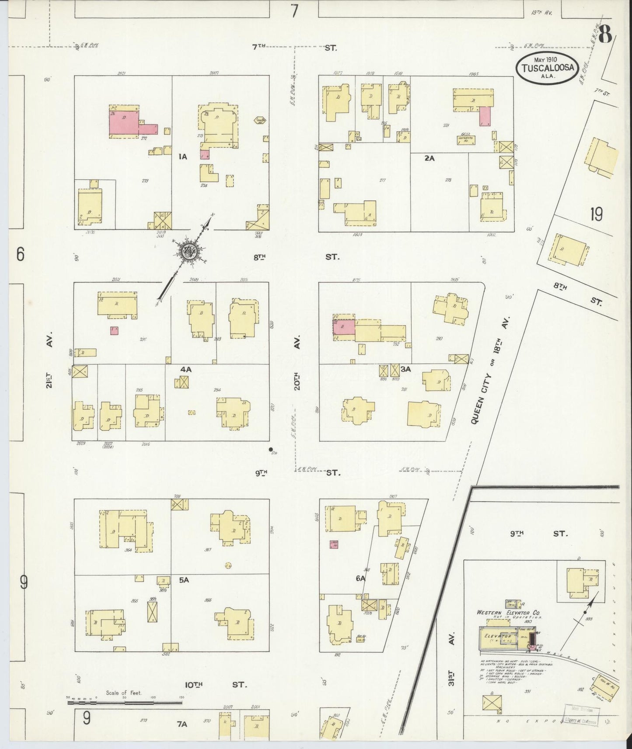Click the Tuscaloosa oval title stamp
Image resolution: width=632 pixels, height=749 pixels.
click(548, 68)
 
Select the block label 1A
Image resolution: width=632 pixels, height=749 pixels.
click(182, 156)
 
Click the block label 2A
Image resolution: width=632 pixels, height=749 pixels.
click(429, 159)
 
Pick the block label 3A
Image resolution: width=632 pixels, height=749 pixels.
click(406, 369)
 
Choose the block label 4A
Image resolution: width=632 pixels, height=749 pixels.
click(186, 369)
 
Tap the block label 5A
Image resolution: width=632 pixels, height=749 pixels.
click(183, 580)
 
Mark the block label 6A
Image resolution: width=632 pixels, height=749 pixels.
click(360, 578)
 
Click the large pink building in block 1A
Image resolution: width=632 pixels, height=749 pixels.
click(124, 121)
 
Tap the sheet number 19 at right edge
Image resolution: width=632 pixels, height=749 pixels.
click(596, 215)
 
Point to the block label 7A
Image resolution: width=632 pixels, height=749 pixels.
click(182, 724)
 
